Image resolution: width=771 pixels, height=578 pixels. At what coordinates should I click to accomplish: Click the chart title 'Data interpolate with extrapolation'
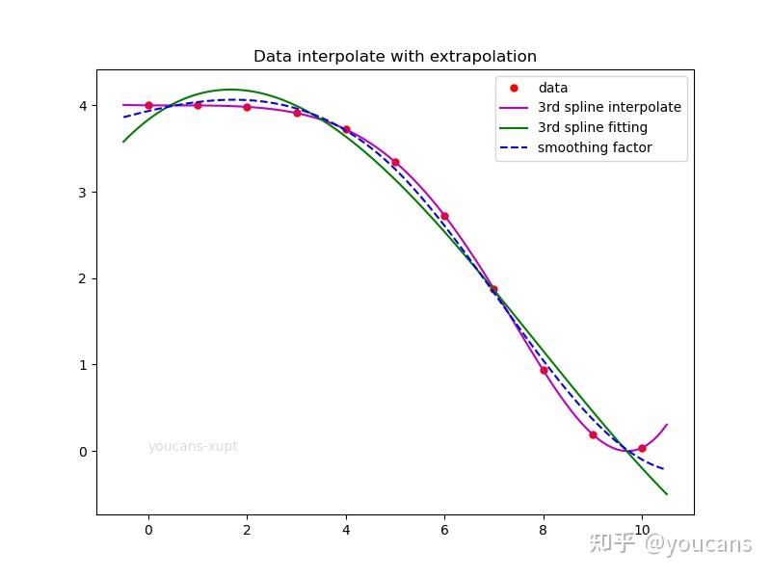coord(395,57)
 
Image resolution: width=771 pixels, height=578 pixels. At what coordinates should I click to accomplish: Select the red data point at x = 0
coord(148,105)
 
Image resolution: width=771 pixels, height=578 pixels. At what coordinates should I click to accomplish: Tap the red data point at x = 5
coord(395,162)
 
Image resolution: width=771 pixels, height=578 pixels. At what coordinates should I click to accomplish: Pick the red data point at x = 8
coord(544,370)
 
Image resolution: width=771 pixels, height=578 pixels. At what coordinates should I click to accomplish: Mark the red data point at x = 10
coord(642,448)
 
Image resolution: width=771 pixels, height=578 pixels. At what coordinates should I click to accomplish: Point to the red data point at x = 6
coord(444,216)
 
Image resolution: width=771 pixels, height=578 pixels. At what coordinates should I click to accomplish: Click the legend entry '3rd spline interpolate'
coord(609,108)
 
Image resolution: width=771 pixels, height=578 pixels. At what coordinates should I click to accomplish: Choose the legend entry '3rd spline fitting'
coord(592,127)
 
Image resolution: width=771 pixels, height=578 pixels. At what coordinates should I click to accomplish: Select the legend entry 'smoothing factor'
coord(595,147)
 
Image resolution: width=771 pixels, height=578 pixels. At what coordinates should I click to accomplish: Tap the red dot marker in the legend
coord(514,88)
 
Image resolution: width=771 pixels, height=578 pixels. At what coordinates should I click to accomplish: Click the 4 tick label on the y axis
coord(83,105)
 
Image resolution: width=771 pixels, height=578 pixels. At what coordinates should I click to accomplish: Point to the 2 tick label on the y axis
coord(83,278)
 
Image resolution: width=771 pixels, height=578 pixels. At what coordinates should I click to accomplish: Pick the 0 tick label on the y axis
coord(83,452)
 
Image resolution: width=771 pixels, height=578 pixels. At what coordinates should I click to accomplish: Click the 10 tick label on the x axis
coord(642,529)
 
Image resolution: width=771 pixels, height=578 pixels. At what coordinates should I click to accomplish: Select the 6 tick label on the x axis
coord(444,529)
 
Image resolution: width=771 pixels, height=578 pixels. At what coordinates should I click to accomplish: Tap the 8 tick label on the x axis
coord(544,529)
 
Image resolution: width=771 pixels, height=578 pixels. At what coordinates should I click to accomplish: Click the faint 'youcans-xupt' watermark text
coord(193,447)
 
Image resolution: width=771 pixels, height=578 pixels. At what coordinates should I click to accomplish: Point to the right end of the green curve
coord(667,494)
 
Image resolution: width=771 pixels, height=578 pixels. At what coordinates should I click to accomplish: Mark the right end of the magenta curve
coord(667,425)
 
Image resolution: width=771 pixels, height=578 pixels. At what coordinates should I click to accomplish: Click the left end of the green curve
coord(123,142)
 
